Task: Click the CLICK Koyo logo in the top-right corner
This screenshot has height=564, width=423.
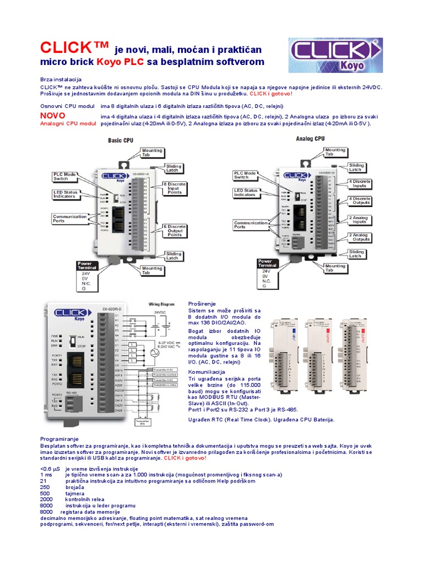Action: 335,55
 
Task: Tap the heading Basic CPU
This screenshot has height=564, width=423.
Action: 120,140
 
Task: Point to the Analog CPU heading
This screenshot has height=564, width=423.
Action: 310,139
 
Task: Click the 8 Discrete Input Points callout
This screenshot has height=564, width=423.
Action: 175,188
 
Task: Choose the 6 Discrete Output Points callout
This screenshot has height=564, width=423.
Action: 175,230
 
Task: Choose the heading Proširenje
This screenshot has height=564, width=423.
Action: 202,303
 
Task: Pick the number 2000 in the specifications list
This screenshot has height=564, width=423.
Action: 46,498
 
